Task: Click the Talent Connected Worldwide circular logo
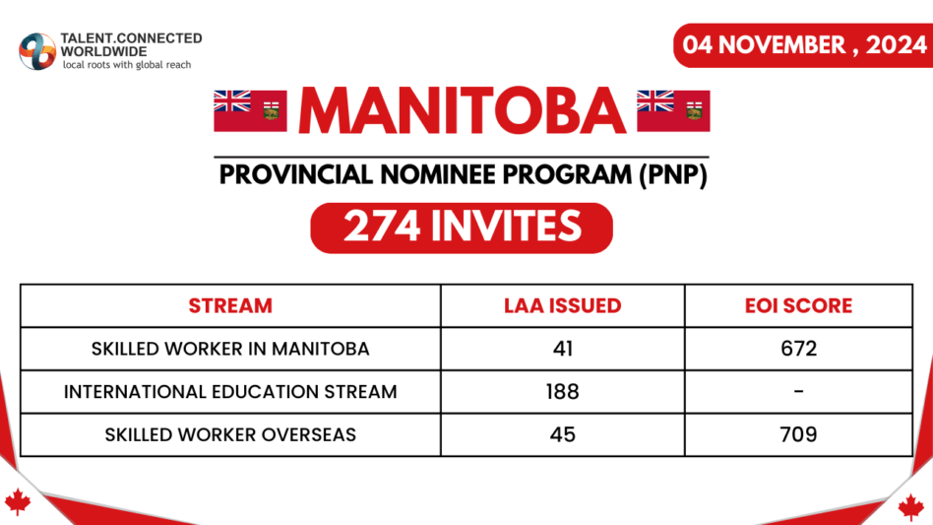[x=37, y=50]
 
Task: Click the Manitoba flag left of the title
[x=250, y=110]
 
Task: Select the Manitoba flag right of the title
[x=673, y=110]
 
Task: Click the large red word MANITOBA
[x=462, y=111]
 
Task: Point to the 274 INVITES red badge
[x=462, y=228]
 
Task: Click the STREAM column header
[x=230, y=305]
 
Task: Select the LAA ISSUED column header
[x=562, y=305]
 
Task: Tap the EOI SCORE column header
[x=798, y=305]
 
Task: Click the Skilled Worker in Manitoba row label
[x=230, y=349]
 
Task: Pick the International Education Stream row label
[x=230, y=391]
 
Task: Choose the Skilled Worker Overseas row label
[x=230, y=434]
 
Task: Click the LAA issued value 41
[x=562, y=349]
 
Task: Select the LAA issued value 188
[x=562, y=391]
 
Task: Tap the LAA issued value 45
[x=562, y=434]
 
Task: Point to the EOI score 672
[x=798, y=349]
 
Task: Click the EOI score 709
[x=798, y=434]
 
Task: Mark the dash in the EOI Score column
[x=798, y=392]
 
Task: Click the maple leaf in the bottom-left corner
[x=18, y=502]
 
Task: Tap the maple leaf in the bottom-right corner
[x=911, y=506]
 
